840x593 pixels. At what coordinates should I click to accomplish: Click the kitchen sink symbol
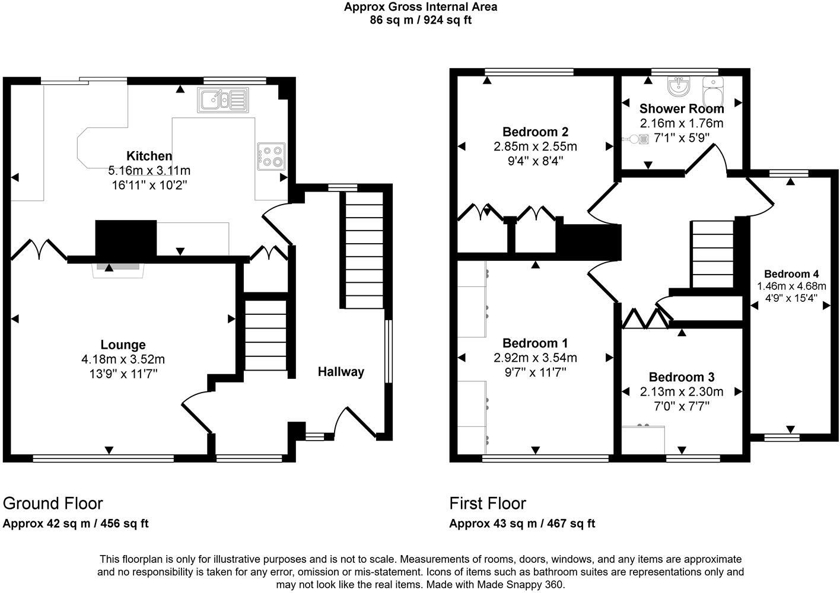click(223, 100)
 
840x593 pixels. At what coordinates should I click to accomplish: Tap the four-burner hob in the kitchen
click(271, 155)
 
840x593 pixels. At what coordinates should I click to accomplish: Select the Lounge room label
click(123, 345)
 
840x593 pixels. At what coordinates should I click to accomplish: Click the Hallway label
click(341, 372)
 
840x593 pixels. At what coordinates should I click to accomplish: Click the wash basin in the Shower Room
click(678, 87)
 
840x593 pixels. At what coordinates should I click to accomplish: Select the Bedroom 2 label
click(535, 132)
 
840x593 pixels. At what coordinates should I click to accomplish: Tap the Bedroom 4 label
click(791, 273)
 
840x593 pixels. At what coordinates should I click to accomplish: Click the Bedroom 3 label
click(681, 377)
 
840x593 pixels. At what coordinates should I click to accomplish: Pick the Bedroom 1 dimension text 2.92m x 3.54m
click(535, 358)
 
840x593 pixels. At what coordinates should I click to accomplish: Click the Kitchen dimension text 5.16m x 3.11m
click(149, 171)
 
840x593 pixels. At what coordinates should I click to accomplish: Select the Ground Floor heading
click(53, 503)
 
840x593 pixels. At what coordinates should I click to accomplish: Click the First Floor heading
click(488, 503)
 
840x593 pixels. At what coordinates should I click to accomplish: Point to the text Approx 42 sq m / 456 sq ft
click(76, 524)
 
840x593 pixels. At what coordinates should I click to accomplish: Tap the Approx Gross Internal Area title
click(421, 7)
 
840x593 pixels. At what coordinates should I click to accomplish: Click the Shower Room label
click(682, 109)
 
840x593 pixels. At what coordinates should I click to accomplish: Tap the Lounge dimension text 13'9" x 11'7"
click(123, 374)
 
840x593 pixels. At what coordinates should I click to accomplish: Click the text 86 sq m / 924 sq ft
click(421, 20)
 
